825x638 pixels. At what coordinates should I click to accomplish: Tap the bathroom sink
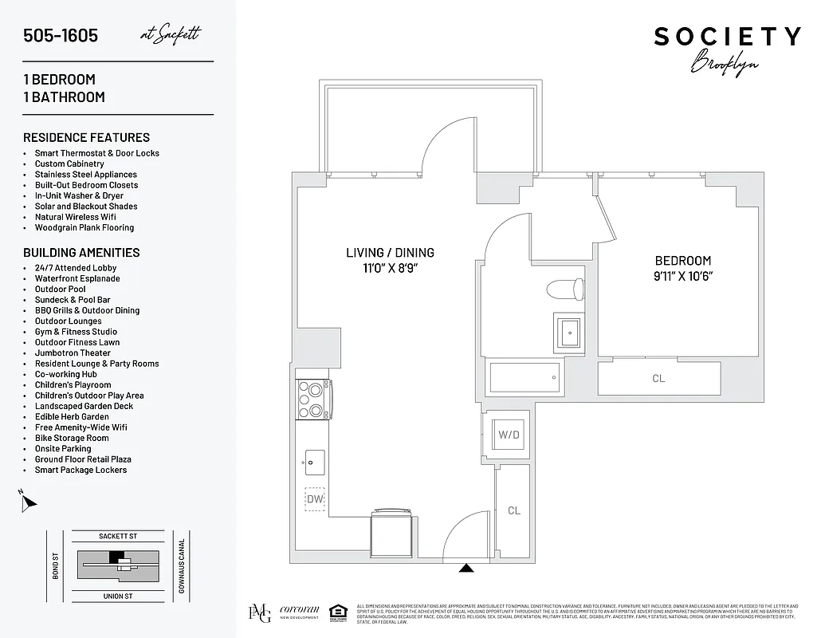tap(568, 330)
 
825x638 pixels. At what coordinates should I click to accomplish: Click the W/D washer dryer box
tap(508, 435)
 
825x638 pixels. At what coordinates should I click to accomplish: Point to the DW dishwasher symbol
tap(315, 498)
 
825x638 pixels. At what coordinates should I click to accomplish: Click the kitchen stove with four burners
tap(314, 399)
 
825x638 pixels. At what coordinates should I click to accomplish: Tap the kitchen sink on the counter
tap(314, 460)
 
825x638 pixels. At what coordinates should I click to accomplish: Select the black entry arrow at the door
tap(467, 569)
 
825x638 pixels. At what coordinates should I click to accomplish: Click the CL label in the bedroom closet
tap(658, 379)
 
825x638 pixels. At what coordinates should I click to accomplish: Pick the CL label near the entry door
tap(513, 510)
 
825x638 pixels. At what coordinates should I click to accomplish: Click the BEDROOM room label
tap(682, 261)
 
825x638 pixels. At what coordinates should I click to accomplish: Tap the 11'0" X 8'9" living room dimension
tap(390, 268)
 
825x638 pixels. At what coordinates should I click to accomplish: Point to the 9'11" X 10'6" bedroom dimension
tap(682, 276)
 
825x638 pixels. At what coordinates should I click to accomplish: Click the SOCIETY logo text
tap(727, 37)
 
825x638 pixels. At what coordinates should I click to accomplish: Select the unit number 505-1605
tap(61, 36)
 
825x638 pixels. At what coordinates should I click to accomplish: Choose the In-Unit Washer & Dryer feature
tap(79, 195)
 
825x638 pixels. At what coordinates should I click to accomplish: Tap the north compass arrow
tap(29, 502)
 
